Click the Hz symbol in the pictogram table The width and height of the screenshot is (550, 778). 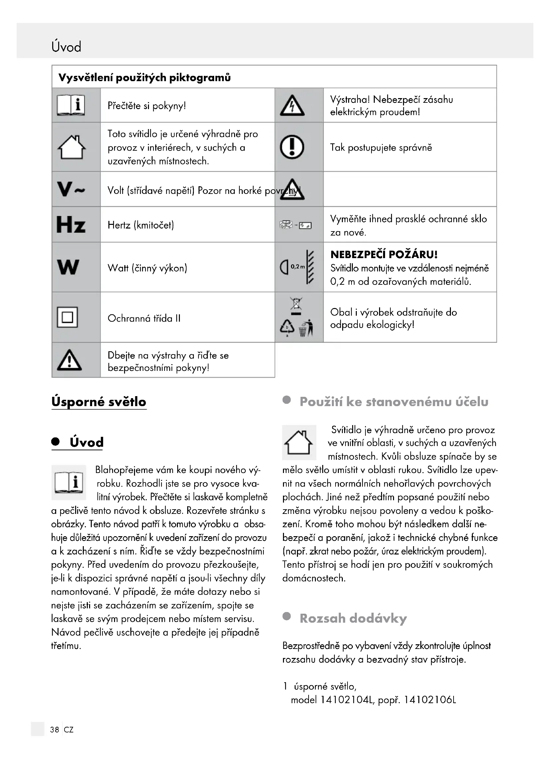click(71, 225)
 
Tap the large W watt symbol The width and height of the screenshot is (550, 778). click(68, 267)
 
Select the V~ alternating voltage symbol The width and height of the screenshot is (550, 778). click(71, 189)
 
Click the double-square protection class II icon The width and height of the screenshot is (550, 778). click(68, 317)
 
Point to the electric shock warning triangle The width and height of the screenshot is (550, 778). click(292, 105)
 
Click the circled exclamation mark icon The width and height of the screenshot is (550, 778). click(292, 147)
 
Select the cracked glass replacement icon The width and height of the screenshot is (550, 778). click(296, 225)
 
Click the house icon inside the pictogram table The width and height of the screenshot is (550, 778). click(71, 147)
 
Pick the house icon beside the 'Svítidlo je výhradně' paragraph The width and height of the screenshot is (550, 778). click(298, 442)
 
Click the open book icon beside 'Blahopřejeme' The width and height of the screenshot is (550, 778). click(69, 482)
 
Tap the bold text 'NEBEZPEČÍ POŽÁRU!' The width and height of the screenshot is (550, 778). click(384, 254)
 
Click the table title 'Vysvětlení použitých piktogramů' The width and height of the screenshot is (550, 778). click(145, 78)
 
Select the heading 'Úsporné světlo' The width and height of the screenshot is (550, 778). click(99, 401)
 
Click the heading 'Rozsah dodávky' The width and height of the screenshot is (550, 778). click(353, 618)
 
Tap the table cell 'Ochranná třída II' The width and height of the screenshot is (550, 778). click(144, 318)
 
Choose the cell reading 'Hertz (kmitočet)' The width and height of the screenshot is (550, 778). click(141, 225)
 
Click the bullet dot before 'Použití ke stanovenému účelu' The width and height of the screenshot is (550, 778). click(287, 400)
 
